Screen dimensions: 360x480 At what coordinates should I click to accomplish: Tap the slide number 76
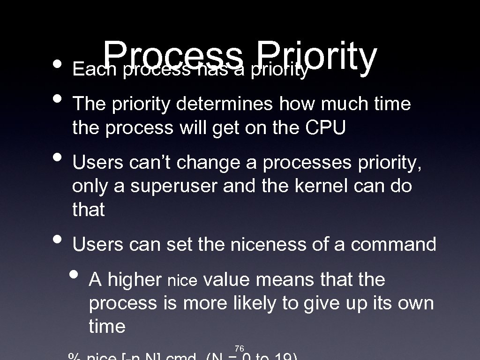coord(239,348)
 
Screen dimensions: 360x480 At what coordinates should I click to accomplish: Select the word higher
coord(135,280)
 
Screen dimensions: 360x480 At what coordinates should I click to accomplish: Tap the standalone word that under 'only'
coord(89,210)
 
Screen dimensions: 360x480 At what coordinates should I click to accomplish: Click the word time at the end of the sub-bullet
coord(107,326)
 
